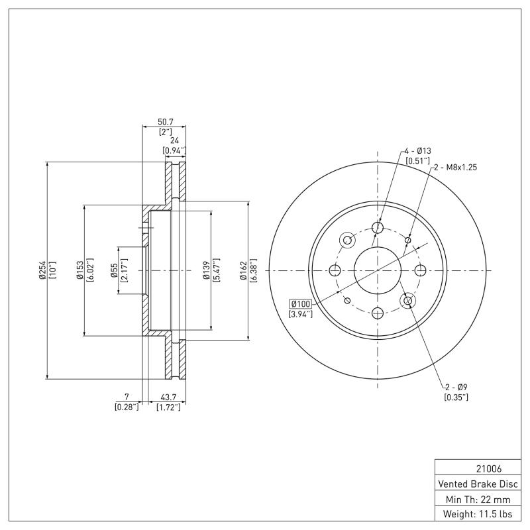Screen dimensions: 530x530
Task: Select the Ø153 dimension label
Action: [79, 270]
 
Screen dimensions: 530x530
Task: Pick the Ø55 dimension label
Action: [114, 270]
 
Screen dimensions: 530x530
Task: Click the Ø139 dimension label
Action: [206, 270]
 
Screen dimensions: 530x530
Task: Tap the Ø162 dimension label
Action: [243, 270]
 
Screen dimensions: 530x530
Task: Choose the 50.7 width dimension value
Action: [165, 122]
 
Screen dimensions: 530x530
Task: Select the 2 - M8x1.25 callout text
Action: [455, 168]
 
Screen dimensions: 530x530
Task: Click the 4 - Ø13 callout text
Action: [418, 152]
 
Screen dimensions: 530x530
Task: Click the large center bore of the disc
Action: [377, 270]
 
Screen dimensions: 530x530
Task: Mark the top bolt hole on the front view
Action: [378, 228]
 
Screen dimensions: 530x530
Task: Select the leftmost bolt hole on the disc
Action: [335, 270]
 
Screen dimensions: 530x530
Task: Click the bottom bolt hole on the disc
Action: [378, 313]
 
